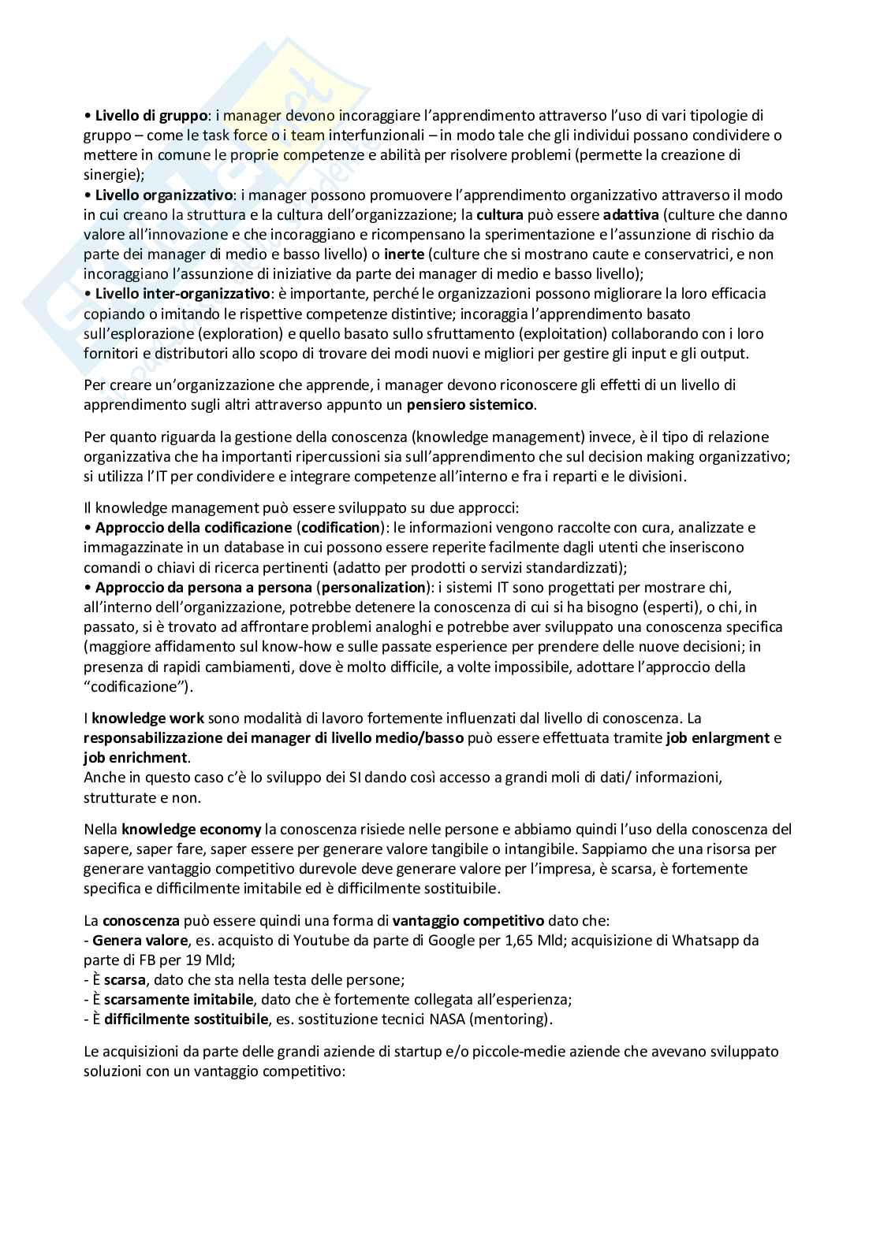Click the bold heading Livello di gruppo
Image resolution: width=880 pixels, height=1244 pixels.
point(151,116)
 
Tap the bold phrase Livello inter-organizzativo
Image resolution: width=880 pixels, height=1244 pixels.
point(182,293)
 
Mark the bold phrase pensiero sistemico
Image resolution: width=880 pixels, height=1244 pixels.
point(471,405)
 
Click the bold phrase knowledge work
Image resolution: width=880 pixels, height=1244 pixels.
point(148,718)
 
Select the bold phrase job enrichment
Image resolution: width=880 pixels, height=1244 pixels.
point(136,758)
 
